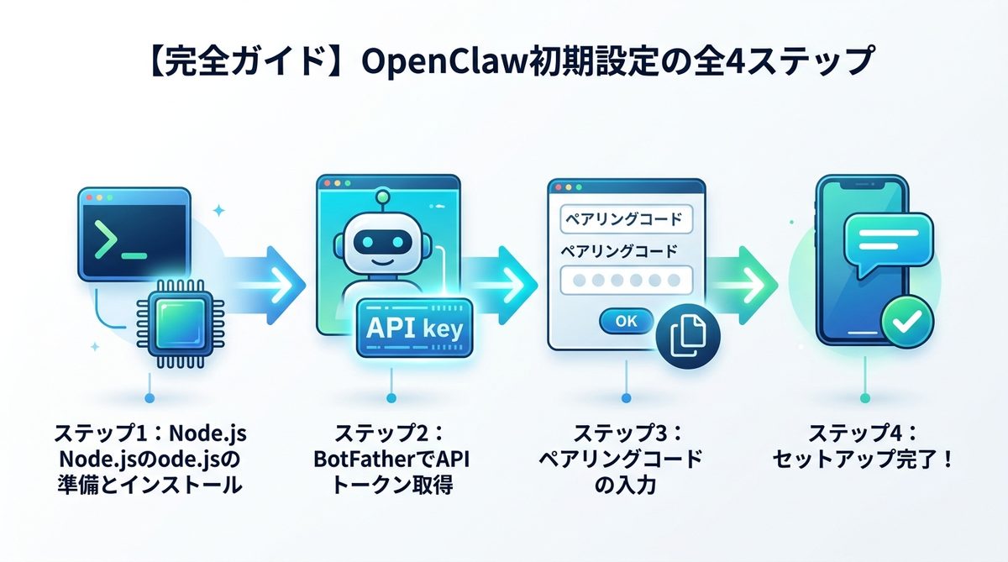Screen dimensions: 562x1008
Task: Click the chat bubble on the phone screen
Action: [x=887, y=240]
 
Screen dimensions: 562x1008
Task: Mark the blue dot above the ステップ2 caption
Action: [x=390, y=397]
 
